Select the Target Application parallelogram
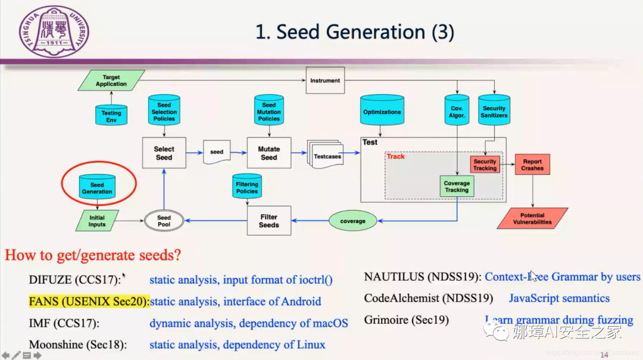111,81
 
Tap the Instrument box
325,80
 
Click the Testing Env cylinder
111,115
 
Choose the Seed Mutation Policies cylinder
269,111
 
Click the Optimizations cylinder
382,111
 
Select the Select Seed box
164,153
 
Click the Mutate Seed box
269,153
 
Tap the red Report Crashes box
532,165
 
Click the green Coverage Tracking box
457,187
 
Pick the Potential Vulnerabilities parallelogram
532,218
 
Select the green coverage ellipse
352,221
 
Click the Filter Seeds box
269,221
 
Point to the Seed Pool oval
164,221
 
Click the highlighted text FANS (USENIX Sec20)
89,302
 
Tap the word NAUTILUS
392,277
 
